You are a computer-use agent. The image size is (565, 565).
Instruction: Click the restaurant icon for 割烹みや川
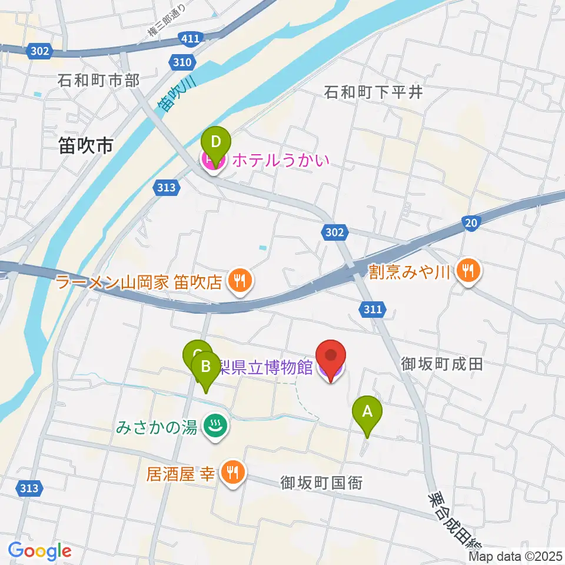point(468,271)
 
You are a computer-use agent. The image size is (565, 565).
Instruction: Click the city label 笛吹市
point(86,145)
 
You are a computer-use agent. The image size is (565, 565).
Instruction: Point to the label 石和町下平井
point(374,92)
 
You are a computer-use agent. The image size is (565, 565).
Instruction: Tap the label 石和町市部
point(98,81)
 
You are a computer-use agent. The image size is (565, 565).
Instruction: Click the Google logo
point(40,551)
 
